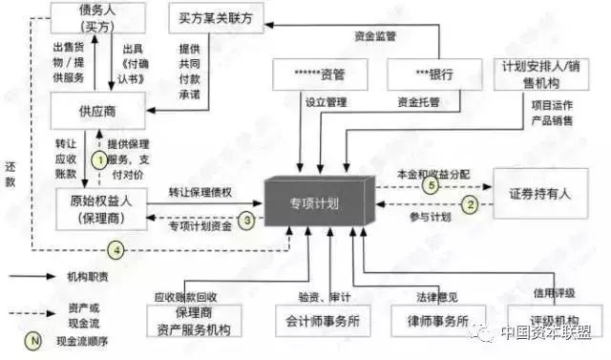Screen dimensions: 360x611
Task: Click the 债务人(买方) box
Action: coord(97,17)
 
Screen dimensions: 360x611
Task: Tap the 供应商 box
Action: coord(97,112)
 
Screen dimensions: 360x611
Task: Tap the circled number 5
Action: coord(430,186)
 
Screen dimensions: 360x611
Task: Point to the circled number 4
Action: coord(116,250)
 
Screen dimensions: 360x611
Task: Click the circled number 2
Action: coord(469,203)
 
